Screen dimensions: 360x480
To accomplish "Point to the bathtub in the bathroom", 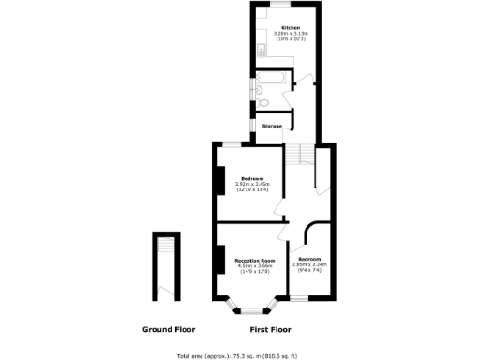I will [278, 79].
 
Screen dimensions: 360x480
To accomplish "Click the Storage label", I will [272, 126].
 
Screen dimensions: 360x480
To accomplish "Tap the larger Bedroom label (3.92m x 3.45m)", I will [251, 178].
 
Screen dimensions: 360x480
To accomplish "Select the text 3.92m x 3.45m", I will [251, 184].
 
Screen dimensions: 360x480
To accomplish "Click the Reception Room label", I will [255, 260].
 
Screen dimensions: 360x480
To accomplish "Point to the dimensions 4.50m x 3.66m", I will [255, 265].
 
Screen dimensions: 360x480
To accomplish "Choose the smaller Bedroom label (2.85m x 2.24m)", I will [309, 258].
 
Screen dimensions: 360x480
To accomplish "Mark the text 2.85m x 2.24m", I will [309, 263].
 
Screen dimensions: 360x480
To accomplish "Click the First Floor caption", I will [270, 330].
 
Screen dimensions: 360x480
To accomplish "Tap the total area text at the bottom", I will [237, 356].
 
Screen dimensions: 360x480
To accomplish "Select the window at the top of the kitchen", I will [284, 4].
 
